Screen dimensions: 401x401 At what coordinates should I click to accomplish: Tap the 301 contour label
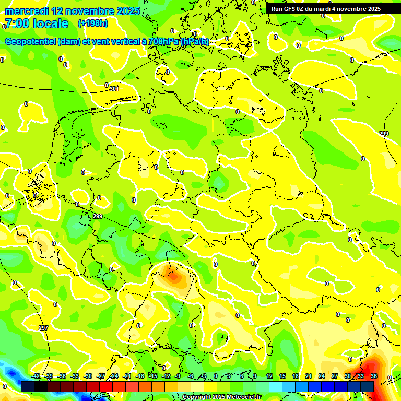click(x=114, y=89)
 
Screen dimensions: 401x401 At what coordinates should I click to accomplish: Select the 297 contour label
click(x=43, y=328)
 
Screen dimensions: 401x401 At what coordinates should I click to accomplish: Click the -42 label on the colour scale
click(x=36, y=376)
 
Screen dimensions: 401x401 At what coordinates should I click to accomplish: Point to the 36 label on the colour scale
click(x=373, y=376)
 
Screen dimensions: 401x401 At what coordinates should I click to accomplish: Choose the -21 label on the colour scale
click(x=127, y=376)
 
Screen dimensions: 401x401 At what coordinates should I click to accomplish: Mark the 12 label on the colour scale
click(x=269, y=376)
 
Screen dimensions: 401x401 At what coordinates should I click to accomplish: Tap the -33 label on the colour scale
click(x=75, y=376)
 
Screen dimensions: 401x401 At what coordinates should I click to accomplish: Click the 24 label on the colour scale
click(x=322, y=376)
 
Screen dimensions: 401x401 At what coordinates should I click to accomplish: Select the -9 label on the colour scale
click(x=178, y=376)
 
